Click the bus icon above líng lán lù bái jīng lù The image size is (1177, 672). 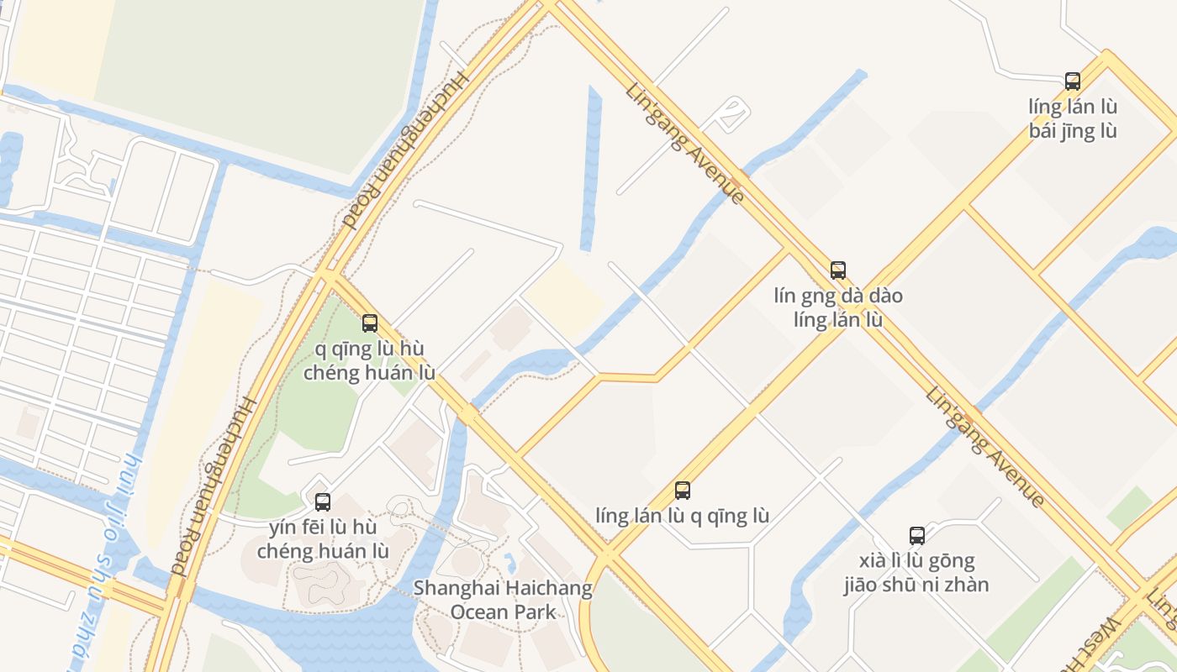pos(1072,81)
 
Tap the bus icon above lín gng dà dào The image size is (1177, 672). pos(837,270)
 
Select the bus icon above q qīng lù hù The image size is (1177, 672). pos(369,323)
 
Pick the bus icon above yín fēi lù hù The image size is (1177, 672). pos(322,502)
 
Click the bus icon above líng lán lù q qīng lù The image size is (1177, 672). pos(682,490)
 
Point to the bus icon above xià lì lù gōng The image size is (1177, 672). pos(916,535)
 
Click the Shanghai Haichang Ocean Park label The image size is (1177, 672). pos(503,600)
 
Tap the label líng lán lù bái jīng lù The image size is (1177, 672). pos(1073,118)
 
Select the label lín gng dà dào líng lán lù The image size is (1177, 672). pos(838,307)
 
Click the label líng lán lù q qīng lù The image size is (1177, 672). pos(682,515)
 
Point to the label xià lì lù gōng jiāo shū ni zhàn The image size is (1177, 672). pos(916,572)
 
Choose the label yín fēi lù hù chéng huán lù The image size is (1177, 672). pos(323,539)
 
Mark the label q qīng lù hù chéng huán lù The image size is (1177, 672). pos(369,360)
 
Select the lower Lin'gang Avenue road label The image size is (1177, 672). pos(984,447)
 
